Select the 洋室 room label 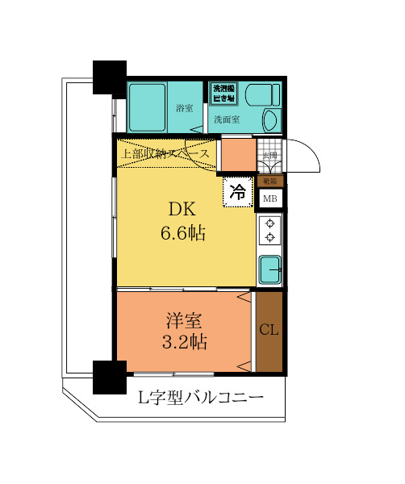tap(186, 319)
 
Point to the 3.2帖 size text tap(186, 342)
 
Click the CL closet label tap(269, 331)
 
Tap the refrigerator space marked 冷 tap(238, 192)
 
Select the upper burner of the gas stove tap(270, 223)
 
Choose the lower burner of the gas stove tap(270, 237)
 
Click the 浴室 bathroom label tap(184, 109)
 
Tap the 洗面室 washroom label tap(227, 119)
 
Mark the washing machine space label tap(223, 92)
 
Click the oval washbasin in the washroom tap(270, 121)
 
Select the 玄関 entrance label tap(269, 156)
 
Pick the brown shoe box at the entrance tap(269, 181)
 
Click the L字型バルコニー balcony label tap(201, 398)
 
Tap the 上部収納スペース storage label tap(167, 153)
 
